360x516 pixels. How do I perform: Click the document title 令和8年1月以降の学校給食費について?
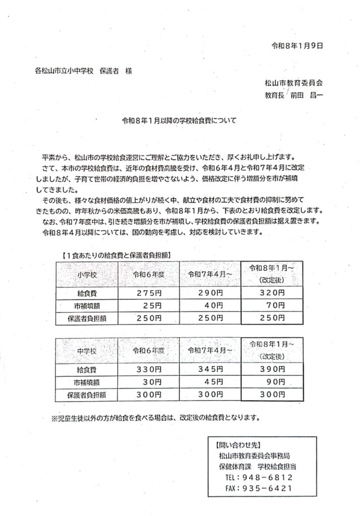179,121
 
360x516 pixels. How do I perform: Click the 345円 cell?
209,369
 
